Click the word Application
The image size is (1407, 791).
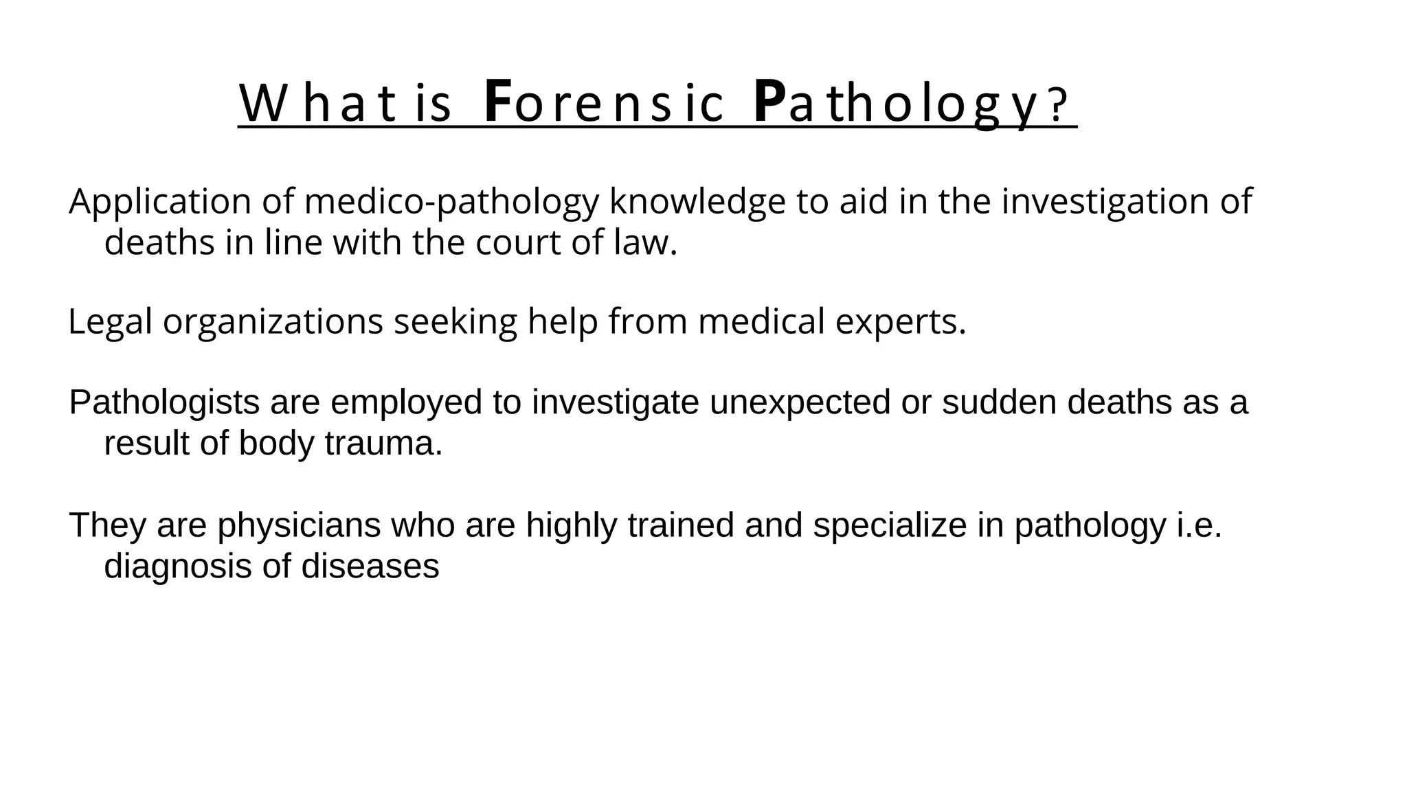160,202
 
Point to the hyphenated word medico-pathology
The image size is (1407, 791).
451,202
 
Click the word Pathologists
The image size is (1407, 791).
164,402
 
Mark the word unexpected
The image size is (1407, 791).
800,402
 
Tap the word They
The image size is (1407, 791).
108,525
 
